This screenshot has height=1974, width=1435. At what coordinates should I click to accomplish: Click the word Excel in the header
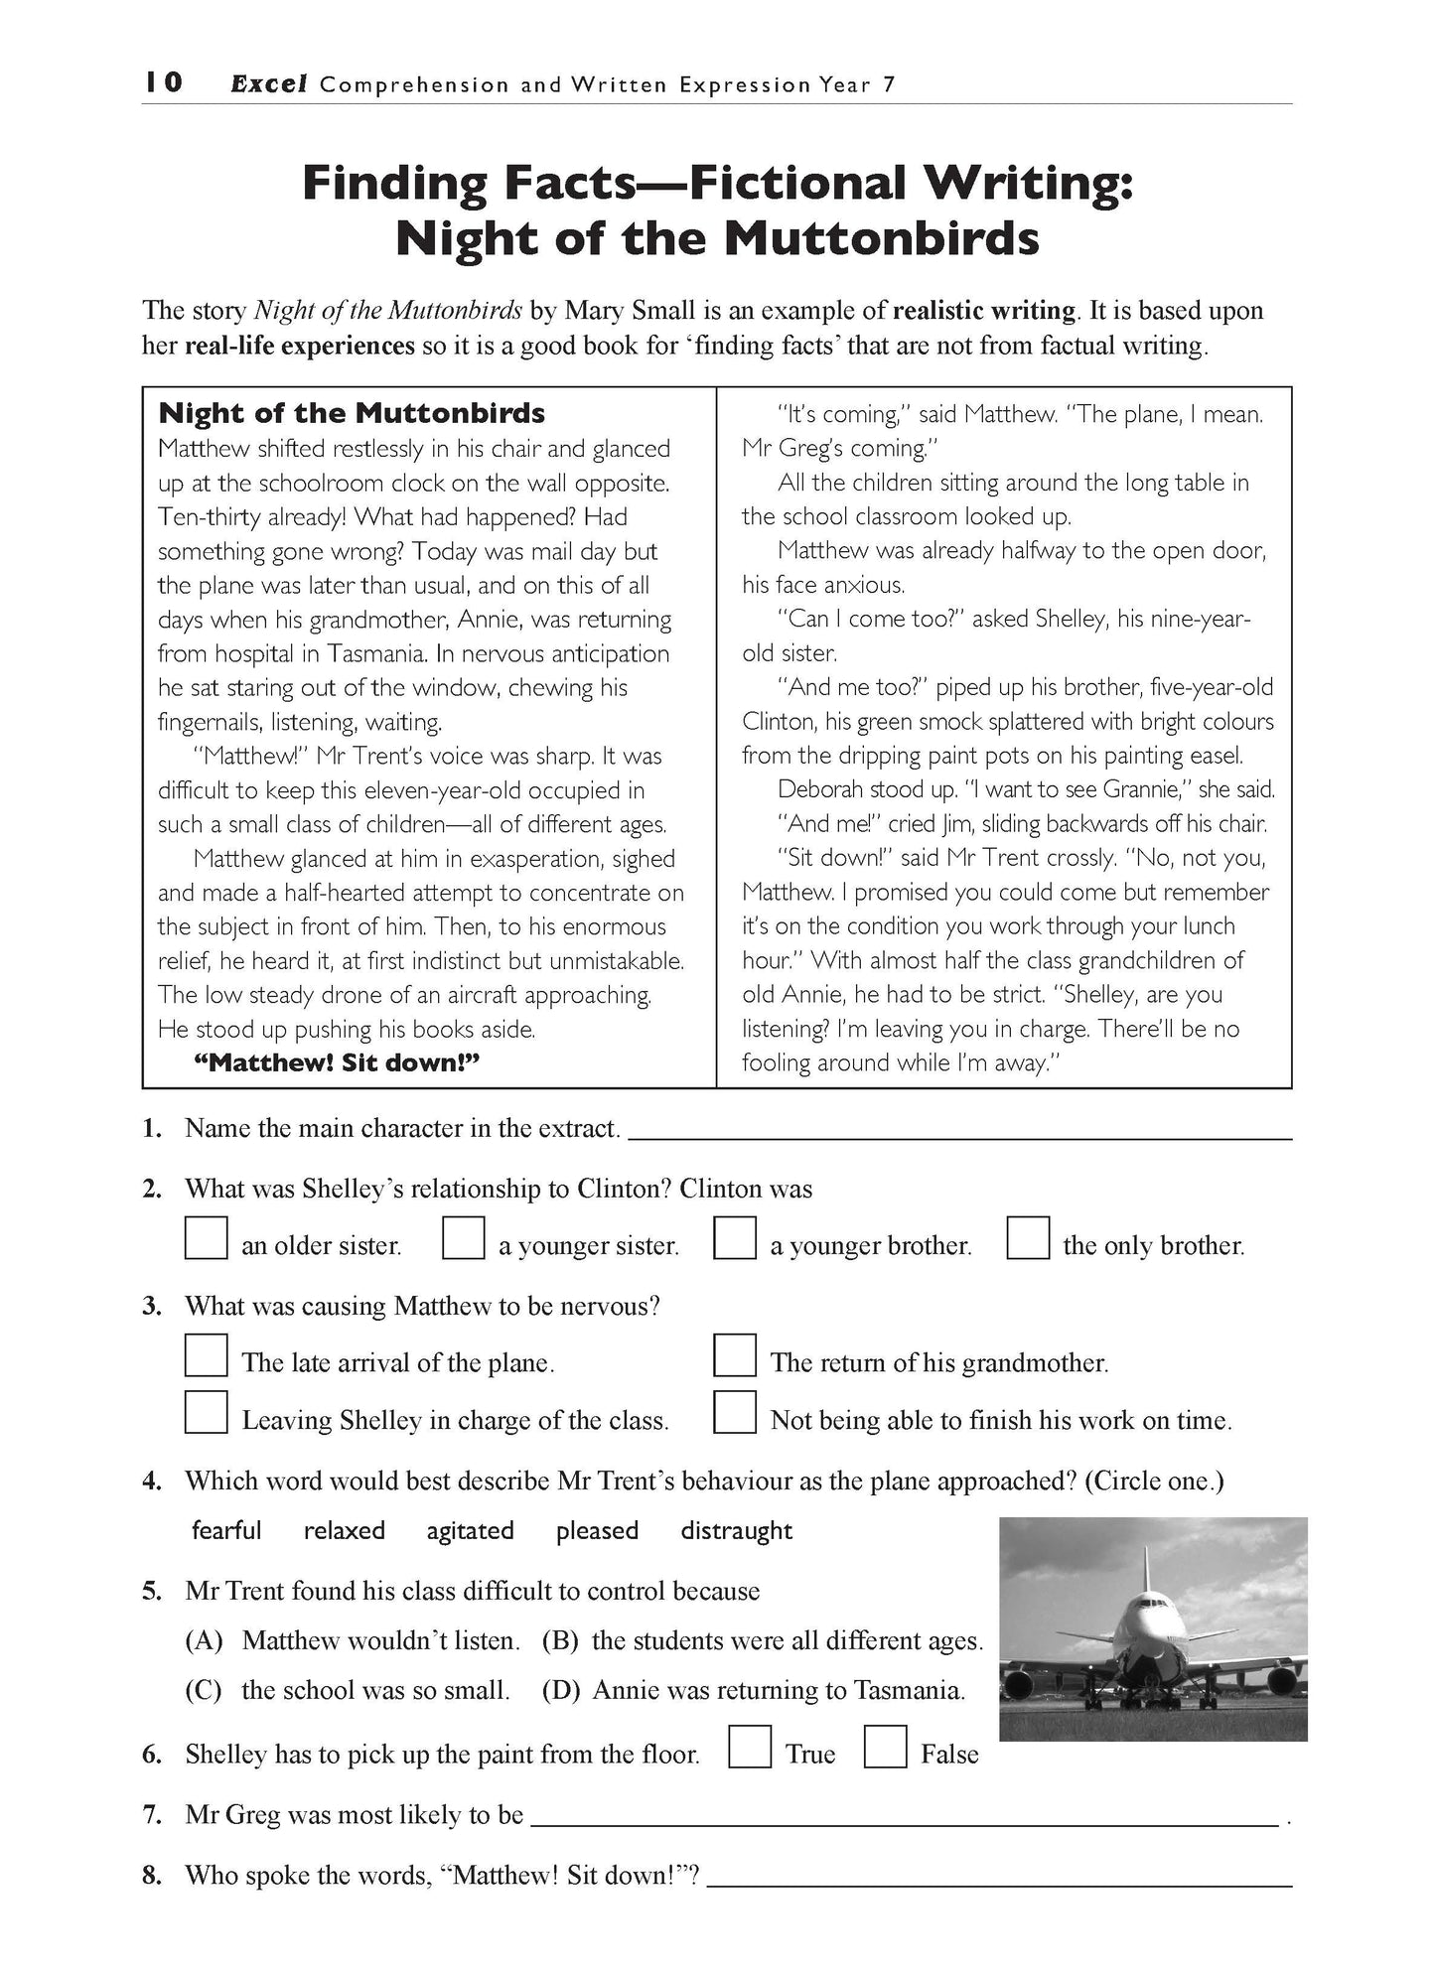[268, 84]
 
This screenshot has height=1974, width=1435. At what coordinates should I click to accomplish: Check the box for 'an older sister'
[207, 1238]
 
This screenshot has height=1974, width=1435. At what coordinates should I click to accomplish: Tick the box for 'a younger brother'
[735, 1238]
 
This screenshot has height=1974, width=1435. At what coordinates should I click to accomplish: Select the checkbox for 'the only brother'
[1028, 1238]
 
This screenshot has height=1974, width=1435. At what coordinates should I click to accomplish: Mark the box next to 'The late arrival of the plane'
[207, 1355]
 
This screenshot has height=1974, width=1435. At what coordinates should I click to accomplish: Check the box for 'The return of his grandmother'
[735, 1355]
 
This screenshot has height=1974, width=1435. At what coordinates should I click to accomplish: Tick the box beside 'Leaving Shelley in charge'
[207, 1412]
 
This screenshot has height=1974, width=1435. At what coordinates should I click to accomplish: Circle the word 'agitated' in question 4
[470, 1530]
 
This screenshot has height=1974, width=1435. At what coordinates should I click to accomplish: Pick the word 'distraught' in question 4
[736, 1530]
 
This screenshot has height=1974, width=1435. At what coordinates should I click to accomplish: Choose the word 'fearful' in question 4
[226, 1530]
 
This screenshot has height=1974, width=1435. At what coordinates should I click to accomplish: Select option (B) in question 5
[560, 1640]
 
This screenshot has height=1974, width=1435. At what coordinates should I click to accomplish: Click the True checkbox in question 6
[750, 1748]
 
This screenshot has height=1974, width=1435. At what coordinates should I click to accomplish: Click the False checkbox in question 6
[885, 1748]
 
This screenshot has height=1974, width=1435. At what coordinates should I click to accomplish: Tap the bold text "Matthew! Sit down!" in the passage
[337, 1062]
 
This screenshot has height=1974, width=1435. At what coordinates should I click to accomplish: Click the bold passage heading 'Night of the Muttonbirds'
[352, 412]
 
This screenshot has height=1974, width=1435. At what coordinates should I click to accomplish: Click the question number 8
[152, 1876]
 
